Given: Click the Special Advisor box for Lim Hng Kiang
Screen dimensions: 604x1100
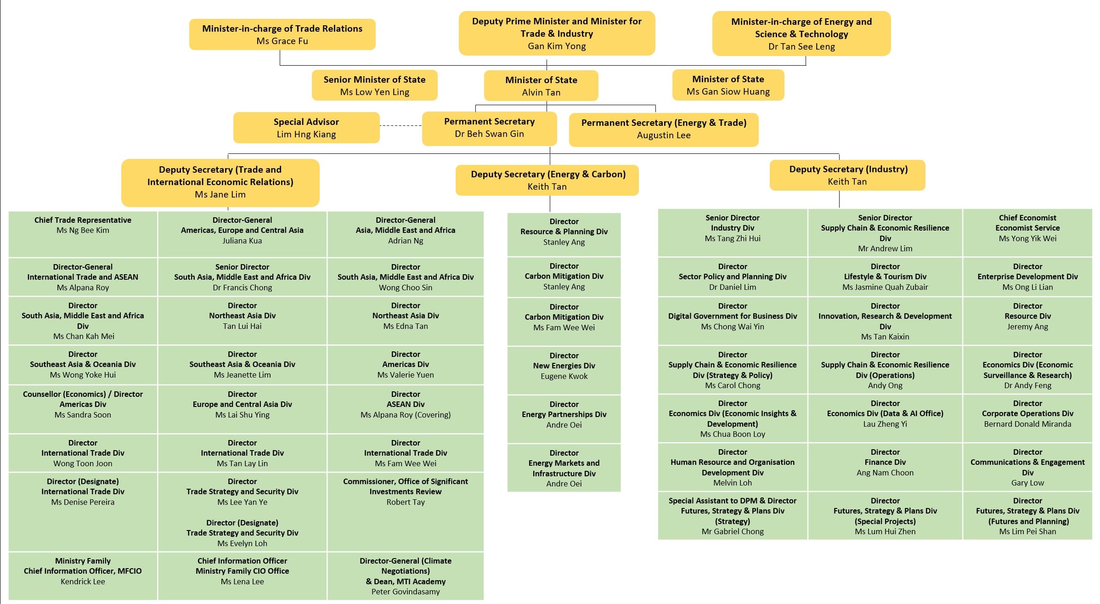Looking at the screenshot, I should point(306,128).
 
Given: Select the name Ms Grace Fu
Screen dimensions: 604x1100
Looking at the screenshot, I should point(282,41).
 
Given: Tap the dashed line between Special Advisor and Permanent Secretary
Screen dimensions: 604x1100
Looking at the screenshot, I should point(401,125).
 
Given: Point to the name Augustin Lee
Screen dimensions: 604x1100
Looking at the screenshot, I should point(663,135).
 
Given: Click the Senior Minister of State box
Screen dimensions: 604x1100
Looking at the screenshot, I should point(374,85).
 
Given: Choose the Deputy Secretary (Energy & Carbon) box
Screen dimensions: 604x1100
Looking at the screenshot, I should point(547,180).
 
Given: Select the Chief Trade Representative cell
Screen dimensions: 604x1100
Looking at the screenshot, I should point(83,233).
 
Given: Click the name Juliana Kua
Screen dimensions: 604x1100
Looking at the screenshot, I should point(242,241).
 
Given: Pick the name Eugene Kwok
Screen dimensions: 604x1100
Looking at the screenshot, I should point(564,376).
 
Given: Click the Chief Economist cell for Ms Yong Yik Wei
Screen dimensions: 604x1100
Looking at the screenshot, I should point(1027,232).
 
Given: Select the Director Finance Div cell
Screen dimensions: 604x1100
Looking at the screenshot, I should point(885,467).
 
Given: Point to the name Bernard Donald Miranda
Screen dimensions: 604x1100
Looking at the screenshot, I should point(1027,424).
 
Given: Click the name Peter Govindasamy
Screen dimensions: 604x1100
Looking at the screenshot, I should point(405,592).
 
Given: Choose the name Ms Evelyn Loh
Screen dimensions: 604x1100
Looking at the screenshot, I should point(242,543).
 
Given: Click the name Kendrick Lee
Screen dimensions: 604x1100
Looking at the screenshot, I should point(83,581).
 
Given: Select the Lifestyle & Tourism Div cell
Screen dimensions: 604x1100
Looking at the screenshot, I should point(885,277).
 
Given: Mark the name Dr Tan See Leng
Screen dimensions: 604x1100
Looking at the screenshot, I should point(801,46).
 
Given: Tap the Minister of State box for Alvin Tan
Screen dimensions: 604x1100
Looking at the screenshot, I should point(541,86).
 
